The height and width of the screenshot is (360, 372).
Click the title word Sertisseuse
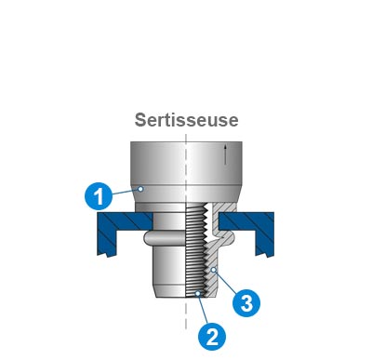click(186, 120)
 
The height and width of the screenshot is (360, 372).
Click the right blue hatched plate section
click(255, 228)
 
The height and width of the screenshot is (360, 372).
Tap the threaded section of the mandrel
click(196, 251)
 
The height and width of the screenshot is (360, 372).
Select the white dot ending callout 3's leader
click(213, 270)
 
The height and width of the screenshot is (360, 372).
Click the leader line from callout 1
click(125, 191)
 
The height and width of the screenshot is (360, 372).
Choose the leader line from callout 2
click(204, 310)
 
